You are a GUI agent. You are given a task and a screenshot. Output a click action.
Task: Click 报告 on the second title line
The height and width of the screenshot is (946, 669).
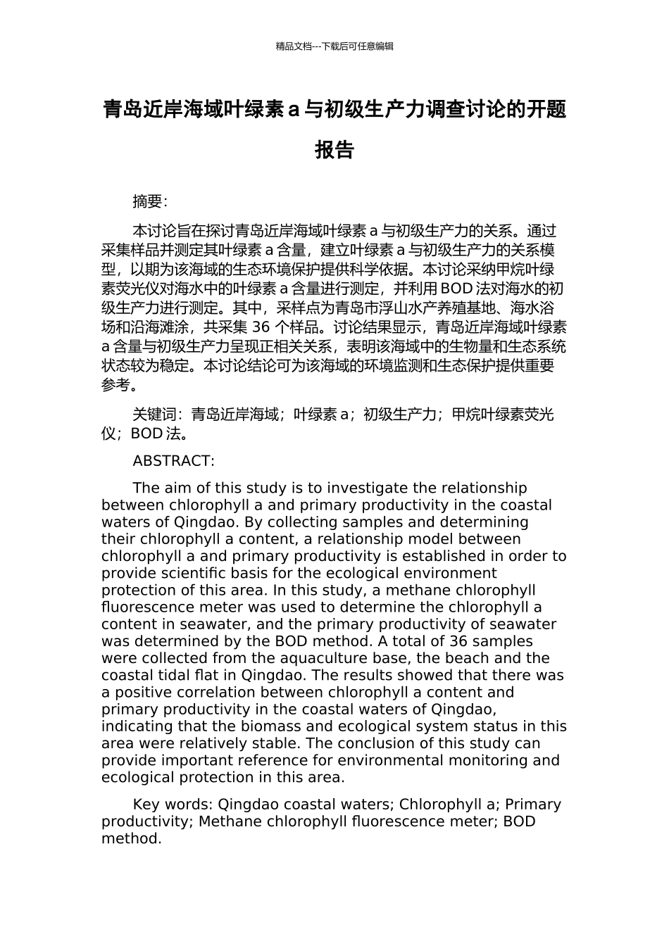(x=334, y=150)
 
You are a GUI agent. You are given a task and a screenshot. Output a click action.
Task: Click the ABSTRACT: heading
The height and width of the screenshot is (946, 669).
(x=173, y=461)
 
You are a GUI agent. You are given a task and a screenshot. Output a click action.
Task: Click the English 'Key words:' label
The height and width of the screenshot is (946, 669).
(x=173, y=805)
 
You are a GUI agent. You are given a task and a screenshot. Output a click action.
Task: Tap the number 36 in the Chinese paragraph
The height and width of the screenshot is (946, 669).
(x=261, y=327)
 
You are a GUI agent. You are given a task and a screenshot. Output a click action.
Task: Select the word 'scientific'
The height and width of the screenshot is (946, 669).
(x=189, y=573)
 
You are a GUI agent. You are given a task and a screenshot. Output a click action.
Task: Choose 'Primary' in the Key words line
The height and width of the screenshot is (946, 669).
(x=533, y=805)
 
